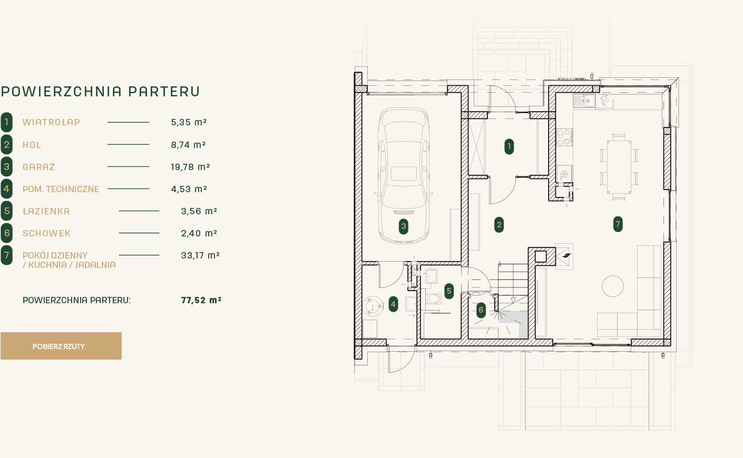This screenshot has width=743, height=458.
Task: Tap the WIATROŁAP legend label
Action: [x=52, y=122]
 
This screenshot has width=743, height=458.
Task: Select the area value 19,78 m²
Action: [x=190, y=167]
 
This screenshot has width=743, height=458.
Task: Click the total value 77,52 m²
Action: [x=201, y=300]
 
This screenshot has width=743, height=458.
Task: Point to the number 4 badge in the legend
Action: [x=7, y=189]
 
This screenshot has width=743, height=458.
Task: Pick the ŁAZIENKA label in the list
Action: [x=46, y=211]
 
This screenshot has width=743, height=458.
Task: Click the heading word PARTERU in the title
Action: [x=164, y=92]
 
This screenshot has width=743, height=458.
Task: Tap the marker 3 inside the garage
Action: [x=403, y=226]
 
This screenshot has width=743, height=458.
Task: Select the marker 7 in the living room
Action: [x=618, y=224]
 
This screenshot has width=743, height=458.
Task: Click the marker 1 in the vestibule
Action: [x=509, y=146]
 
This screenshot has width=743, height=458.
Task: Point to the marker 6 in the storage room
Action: [x=481, y=310]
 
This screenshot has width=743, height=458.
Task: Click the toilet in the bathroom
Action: [x=434, y=299]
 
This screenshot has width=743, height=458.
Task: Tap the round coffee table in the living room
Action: [x=613, y=286]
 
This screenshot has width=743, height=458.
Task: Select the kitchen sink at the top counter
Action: [x=584, y=101]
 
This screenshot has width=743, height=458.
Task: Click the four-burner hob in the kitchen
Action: [x=564, y=137]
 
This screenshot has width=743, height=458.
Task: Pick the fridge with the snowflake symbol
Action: [x=564, y=173]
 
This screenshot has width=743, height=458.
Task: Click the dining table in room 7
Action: [x=619, y=167]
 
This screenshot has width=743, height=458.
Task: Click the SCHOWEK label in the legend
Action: [x=46, y=233]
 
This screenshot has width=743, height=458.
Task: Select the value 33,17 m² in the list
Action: [x=200, y=255]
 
